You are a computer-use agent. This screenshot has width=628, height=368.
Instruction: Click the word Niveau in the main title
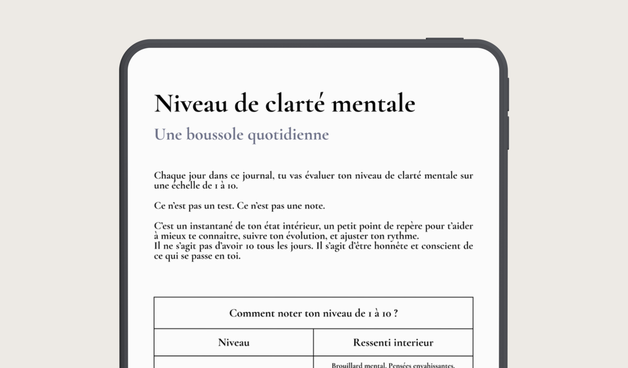[x=191, y=104]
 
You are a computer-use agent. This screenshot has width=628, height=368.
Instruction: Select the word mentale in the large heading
[x=373, y=104]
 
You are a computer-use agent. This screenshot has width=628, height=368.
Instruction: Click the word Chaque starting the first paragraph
[x=170, y=176]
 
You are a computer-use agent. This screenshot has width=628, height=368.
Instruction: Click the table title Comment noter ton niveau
[x=313, y=313]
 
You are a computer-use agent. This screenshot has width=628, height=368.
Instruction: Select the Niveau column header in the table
[x=234, y=343]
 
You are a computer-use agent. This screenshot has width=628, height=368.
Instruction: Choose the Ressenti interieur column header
[x=393, y=343]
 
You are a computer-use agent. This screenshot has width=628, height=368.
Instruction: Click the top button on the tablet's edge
[x=445, y=39]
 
